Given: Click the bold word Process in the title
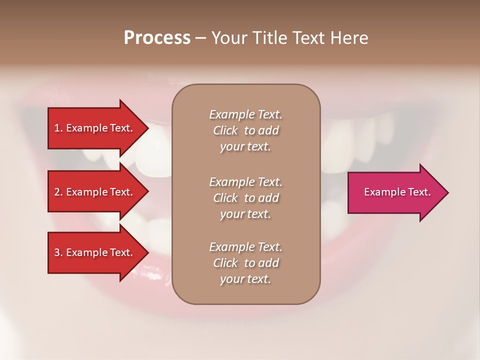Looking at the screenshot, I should [x=157, y=38].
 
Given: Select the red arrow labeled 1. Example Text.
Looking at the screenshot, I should [x=95, y=128].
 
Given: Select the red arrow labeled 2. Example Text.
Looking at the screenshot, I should [x=95, y=192].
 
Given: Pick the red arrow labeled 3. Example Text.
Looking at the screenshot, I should [x=95, y=252].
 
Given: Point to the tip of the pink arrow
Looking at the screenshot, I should [x=447, y=192].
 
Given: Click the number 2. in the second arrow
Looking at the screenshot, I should [x=58, y=192].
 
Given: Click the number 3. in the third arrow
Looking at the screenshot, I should [x=58, y=252].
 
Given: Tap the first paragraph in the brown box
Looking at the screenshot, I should [x=245, y=130].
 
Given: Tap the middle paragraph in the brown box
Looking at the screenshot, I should [x=245, y=198].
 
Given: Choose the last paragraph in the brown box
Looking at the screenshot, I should [x=245, y=263].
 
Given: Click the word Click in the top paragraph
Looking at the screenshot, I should [x=225, y=130].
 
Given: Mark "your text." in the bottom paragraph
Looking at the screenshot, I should [x=245, y=279].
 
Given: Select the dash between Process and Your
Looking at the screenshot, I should [x=200, y=38].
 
